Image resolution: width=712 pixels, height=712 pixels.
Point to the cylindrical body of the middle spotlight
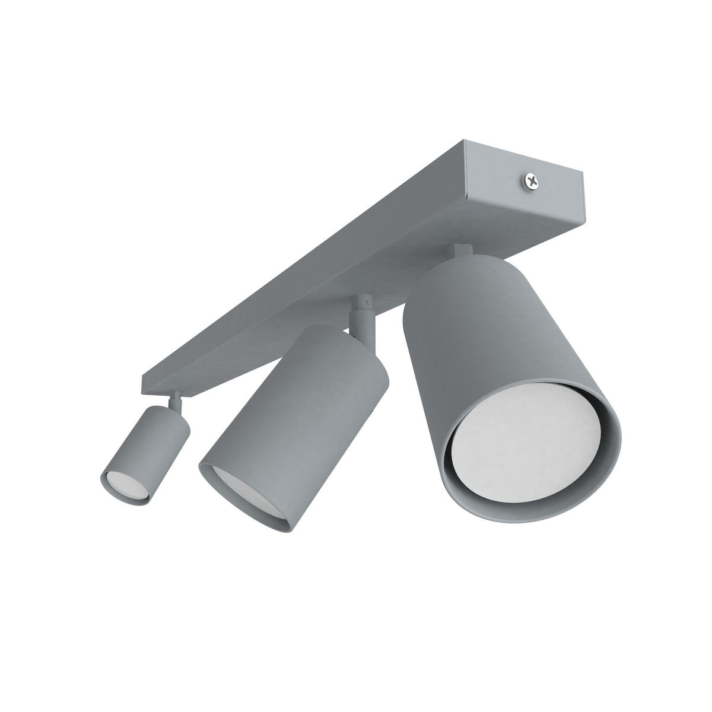[x=297, y=415]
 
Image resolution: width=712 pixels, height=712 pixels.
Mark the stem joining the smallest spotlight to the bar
[x=176, y=403]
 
